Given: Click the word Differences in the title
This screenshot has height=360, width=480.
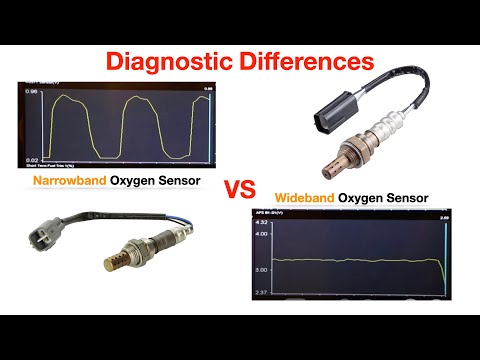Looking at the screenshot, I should [x=302, y=61].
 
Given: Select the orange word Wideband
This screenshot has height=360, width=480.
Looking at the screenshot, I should [x=307, y=198].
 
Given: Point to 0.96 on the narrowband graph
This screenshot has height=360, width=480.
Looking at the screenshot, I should [x=30, y=93].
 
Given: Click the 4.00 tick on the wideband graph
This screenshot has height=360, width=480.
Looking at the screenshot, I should [x=263, y=233].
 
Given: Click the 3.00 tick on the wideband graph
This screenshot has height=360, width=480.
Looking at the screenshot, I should [x=263, y=270].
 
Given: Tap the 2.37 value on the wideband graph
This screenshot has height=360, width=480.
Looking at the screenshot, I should [x=263, y=293].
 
